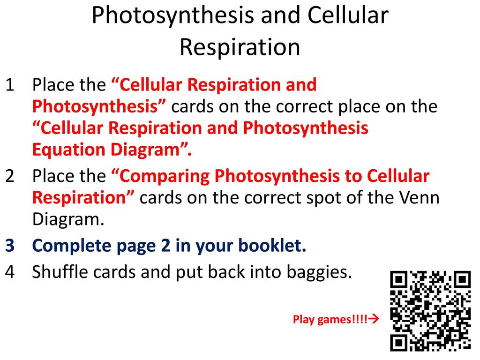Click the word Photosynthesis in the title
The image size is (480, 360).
(172, 16)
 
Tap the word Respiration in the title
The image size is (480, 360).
(240, 47)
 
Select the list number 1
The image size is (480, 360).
(10, 85)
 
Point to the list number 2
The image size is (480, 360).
(10, 176)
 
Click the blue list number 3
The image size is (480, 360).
(10, 246)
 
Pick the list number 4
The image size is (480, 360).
(10, 272)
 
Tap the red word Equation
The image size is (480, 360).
(69, 150)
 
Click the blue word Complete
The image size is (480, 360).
(72, 246)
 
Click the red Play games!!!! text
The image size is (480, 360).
(330, 320)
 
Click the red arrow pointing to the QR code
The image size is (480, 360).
(374, 319)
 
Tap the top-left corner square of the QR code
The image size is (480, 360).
(399, 279)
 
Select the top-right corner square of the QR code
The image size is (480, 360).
(462, 279)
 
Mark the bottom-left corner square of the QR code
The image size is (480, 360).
(399, 343)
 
